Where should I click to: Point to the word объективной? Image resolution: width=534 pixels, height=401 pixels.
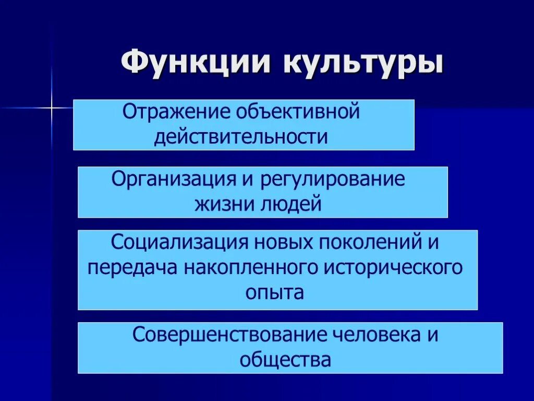coord(298,112)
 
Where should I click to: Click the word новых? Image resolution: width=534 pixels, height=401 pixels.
coord(281,242)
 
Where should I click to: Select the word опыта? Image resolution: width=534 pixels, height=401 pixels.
coord(274,292)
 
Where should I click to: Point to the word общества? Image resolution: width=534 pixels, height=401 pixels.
coord(285,360)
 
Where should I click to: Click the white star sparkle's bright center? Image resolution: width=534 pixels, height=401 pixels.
coord(52,108)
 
